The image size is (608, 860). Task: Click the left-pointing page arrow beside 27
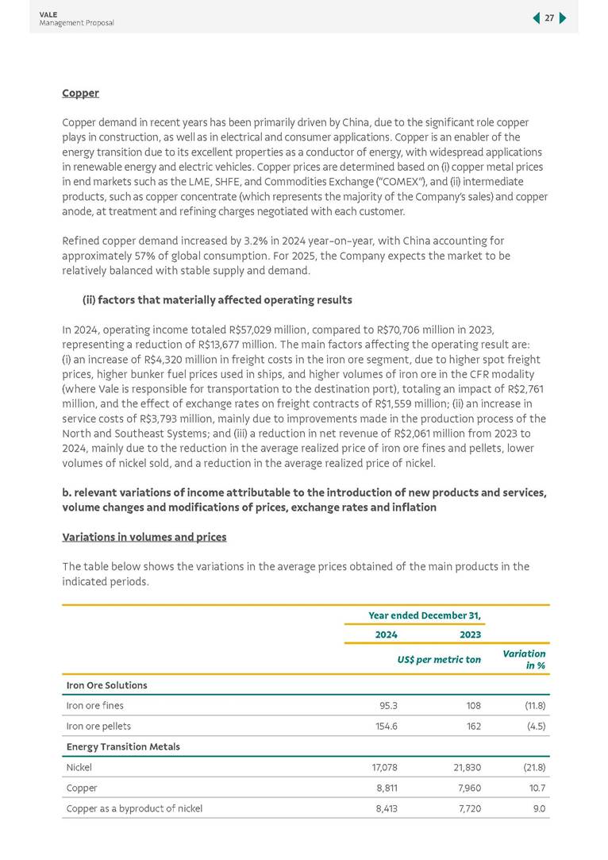click(536, 18)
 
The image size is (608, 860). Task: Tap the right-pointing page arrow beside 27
click(563, 18)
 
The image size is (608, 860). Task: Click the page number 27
click(549, 18)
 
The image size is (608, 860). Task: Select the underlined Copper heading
click(80, 93)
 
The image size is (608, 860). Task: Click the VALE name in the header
click(47, 14)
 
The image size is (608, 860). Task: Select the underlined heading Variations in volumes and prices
click(144, 537)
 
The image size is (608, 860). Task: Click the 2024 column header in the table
click(386, 634)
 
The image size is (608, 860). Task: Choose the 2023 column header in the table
click(470, 634)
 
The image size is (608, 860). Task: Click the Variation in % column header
click(524, 659)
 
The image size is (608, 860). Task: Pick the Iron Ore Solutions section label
click(106, 685)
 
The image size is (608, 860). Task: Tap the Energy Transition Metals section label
click(123, 746)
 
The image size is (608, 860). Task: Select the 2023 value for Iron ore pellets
click(473, 726)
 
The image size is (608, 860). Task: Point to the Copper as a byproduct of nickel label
click(134, 808)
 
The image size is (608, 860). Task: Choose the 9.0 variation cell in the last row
click(538, 808)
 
